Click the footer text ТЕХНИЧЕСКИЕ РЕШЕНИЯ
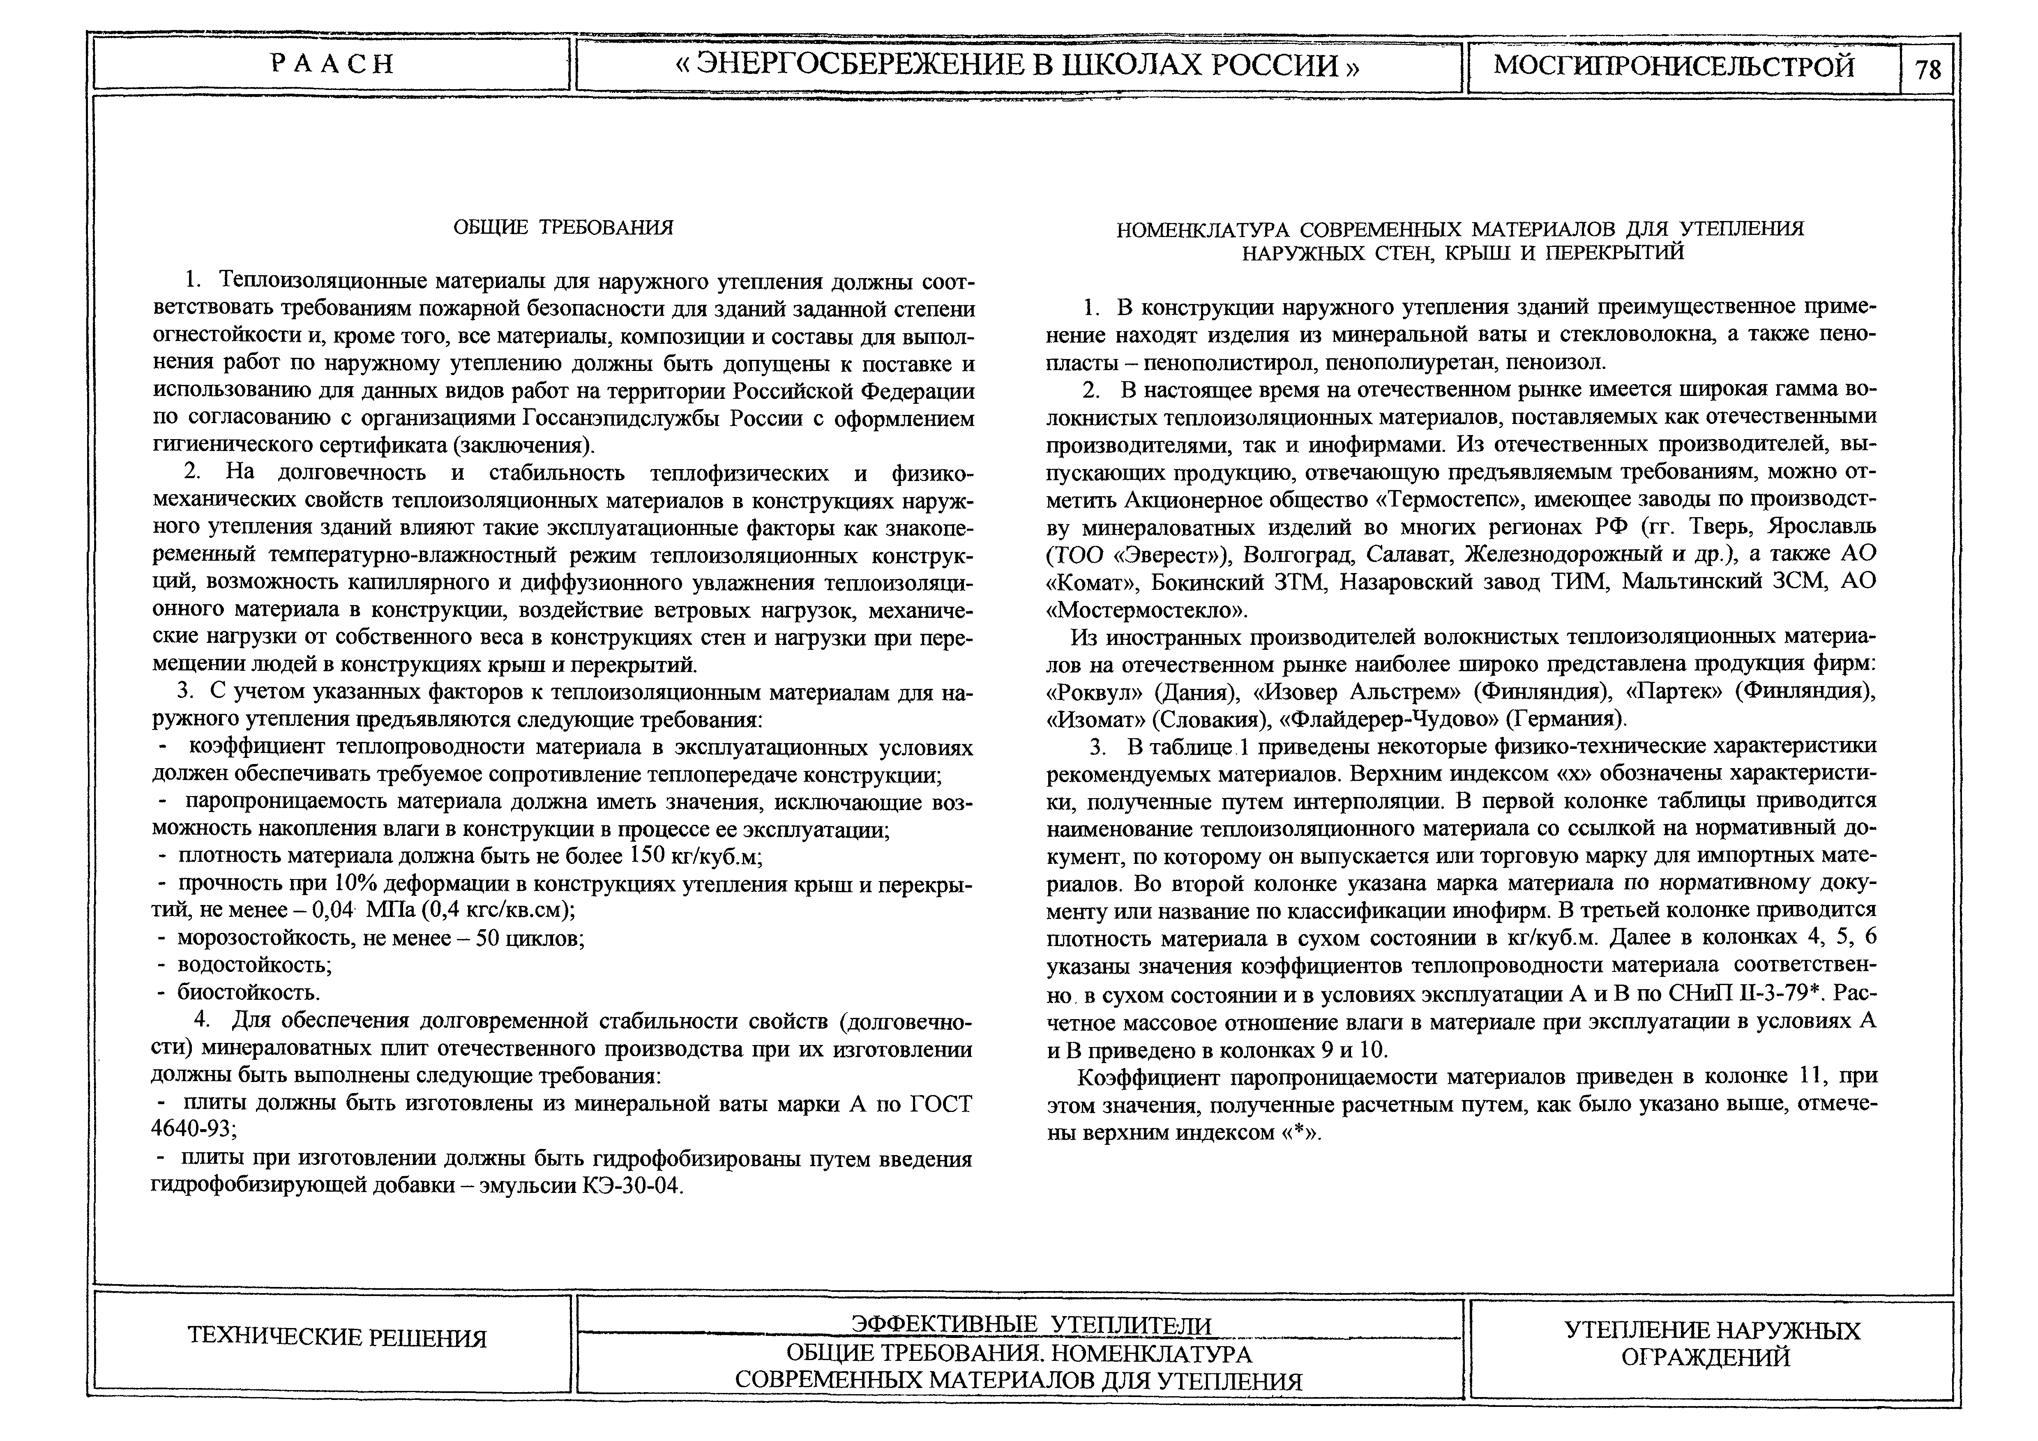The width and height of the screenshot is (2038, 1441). [337, 1338]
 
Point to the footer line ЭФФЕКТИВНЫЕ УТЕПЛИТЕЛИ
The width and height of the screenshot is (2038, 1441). [1031, 1325]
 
